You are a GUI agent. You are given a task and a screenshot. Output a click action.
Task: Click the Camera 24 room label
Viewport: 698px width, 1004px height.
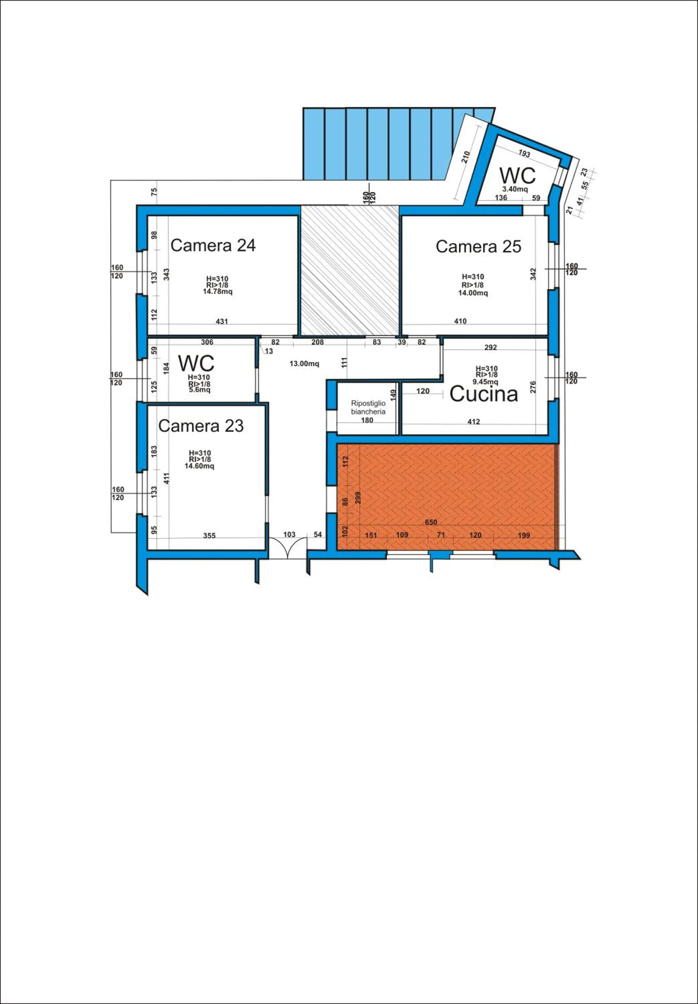tap(213, 245)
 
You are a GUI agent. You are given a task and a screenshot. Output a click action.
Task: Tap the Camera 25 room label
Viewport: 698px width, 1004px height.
tap(478, 247)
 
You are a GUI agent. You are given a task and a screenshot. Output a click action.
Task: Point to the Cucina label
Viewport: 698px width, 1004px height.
tap(484, 394)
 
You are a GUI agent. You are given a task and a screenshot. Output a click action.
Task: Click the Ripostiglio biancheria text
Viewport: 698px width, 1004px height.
tap(368, 408)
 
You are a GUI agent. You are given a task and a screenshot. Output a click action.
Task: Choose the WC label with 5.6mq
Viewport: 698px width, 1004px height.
tap(196, 363)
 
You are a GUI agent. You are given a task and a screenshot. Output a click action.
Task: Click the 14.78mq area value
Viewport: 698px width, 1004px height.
tap(217, 292)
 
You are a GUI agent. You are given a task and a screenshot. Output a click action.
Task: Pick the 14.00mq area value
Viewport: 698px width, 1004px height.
tap(473, 293)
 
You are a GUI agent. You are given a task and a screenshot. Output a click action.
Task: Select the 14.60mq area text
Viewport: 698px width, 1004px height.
tap(199, 466)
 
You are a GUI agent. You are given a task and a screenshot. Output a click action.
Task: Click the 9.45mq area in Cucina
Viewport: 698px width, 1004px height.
tap(487, 381)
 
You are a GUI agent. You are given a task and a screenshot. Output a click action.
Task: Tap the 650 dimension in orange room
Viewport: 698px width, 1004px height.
tap(431, 522)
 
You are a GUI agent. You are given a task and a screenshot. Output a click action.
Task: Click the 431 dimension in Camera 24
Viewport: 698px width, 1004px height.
tap(222, 321)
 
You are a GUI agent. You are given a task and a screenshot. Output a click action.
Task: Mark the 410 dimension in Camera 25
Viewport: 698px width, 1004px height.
tap(460, 321)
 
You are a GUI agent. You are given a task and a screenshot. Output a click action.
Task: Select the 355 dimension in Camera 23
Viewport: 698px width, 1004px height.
tap(209, 535)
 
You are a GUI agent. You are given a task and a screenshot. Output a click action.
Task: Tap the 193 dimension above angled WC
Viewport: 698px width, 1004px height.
tap(524, 154)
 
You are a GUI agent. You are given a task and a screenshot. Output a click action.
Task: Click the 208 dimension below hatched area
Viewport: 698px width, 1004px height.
tap(318, 342)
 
